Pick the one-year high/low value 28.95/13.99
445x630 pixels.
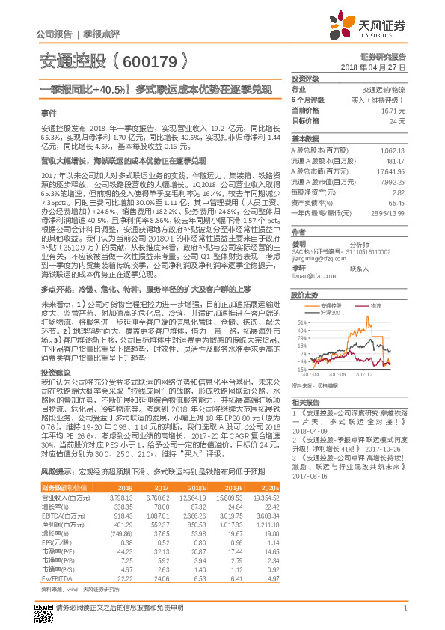388,212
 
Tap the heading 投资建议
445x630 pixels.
55,372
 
